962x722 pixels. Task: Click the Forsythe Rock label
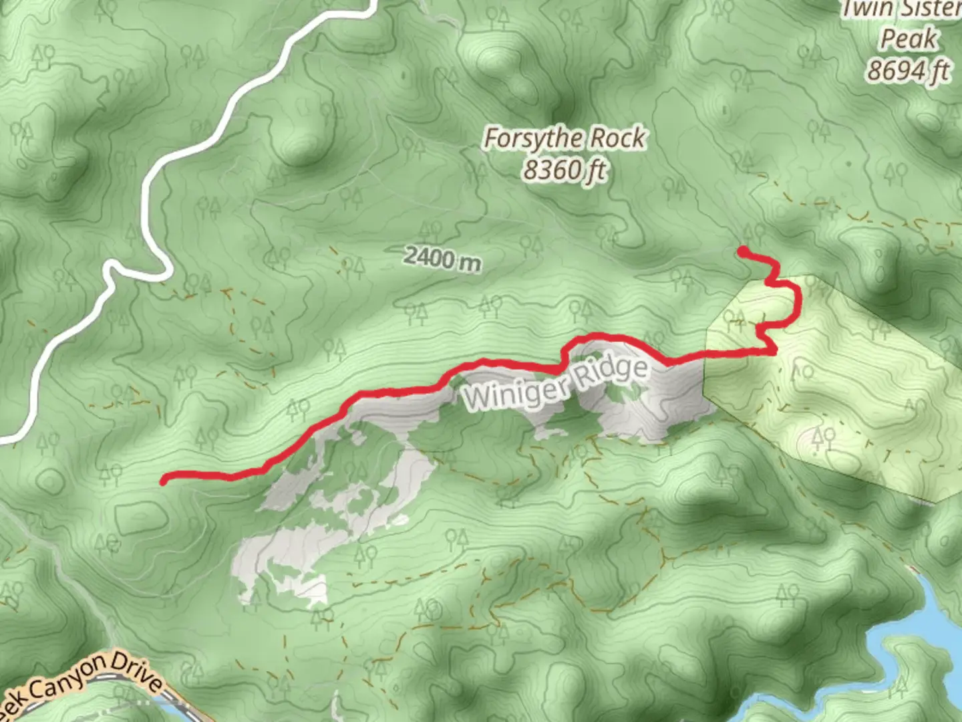[565, 139]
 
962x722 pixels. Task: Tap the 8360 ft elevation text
[565, 170]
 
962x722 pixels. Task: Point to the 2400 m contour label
[442, 258]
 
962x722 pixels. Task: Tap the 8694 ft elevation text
[909, 70]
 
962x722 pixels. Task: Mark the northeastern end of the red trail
[742, 251]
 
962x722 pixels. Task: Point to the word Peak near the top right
[909, 39]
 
